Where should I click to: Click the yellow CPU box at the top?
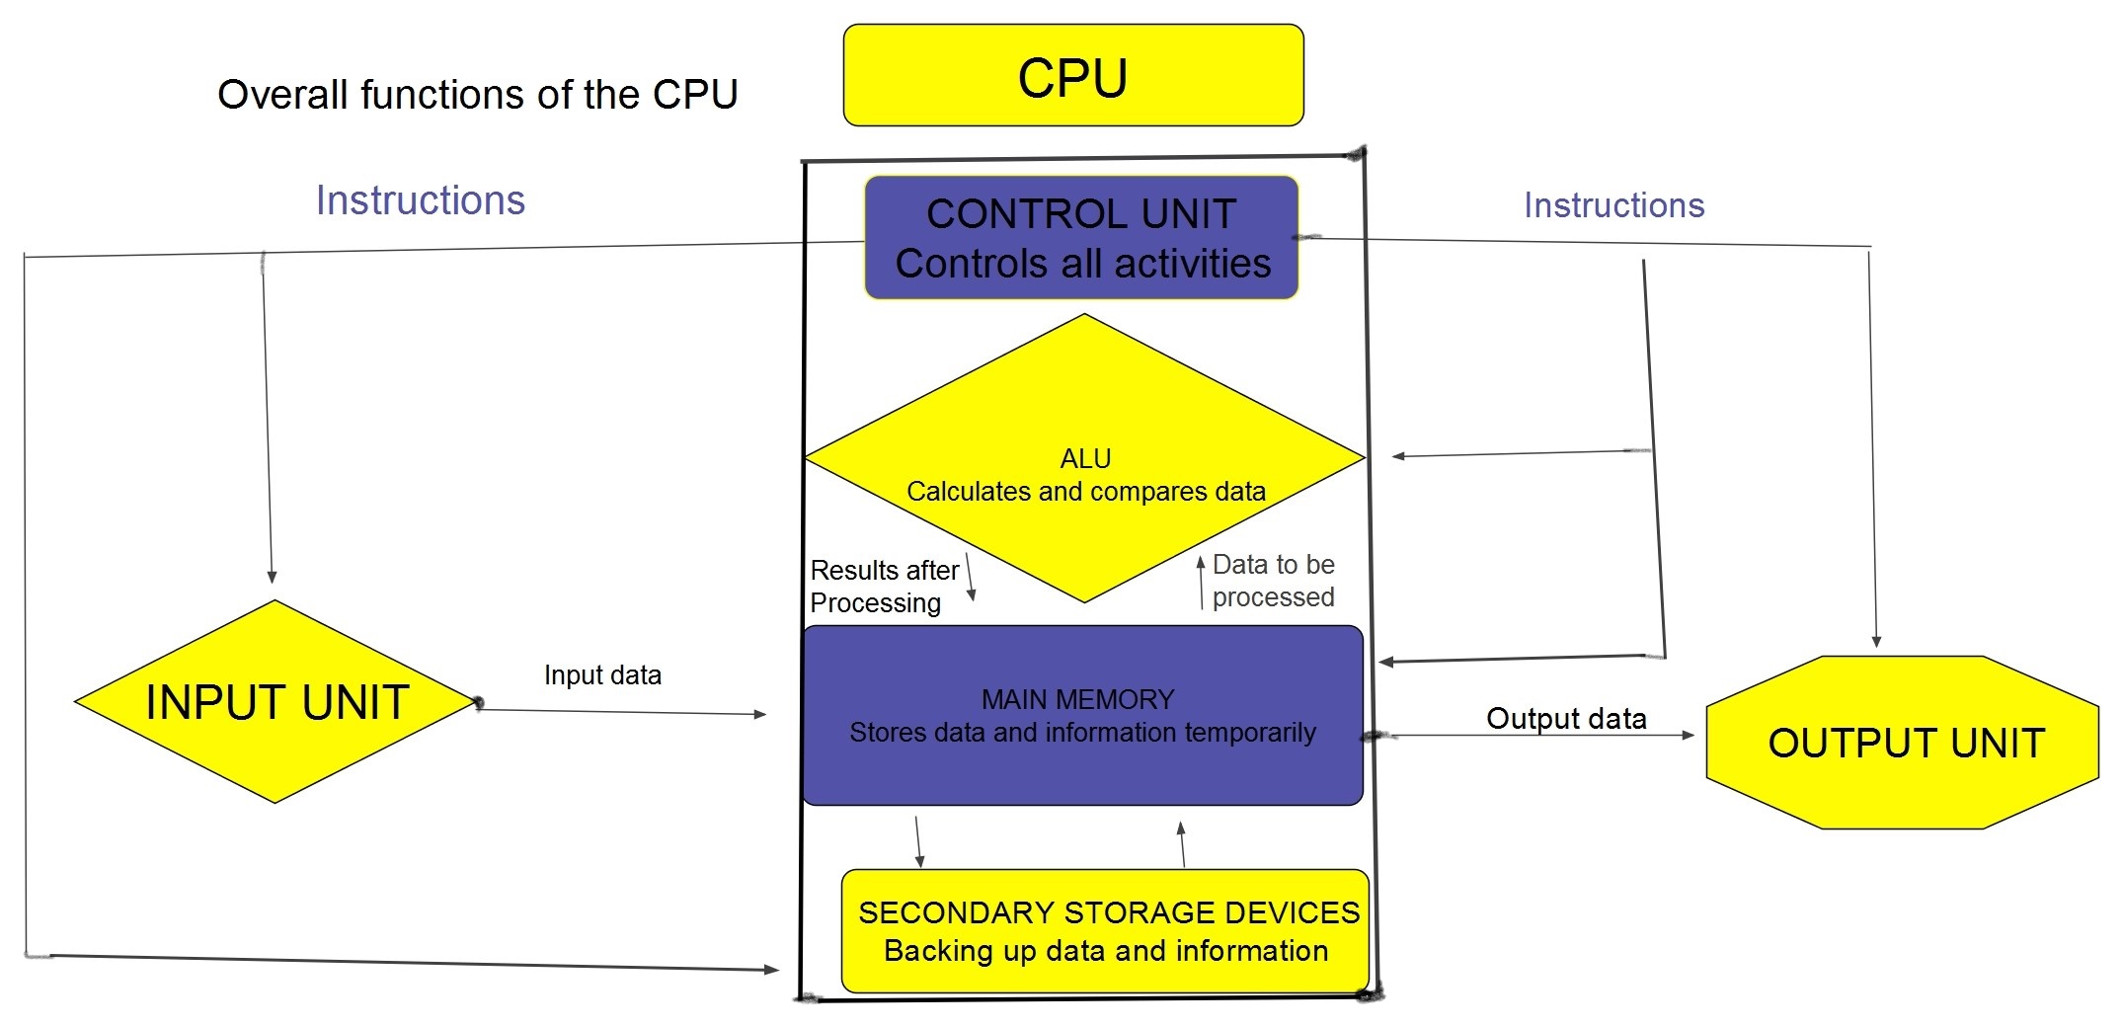coord(1073,76)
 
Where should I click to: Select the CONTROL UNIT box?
coord(1081,238)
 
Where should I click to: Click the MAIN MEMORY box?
coord(1082,716)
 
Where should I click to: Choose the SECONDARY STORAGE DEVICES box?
coord(1106,930)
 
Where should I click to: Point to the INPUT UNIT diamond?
coord(275,702)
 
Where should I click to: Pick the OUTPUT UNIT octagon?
coord(1903,743)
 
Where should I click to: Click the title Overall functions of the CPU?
coord(477,95)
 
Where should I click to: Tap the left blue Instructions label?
coord(421,200)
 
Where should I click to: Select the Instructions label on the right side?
coord(1613,205)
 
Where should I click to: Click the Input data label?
coord(602,675)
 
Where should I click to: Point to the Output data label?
coord(1566,718)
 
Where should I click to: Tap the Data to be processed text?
coord(1273,581)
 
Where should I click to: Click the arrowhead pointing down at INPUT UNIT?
coord(272,577)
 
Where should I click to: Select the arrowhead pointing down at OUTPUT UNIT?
coord(1876,642)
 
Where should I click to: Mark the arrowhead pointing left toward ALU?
coord(1398,456)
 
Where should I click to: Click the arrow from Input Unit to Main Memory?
coord(622,712)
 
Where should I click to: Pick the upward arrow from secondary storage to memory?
coord(1182,844)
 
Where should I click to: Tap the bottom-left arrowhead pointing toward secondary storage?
coord(772,970)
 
